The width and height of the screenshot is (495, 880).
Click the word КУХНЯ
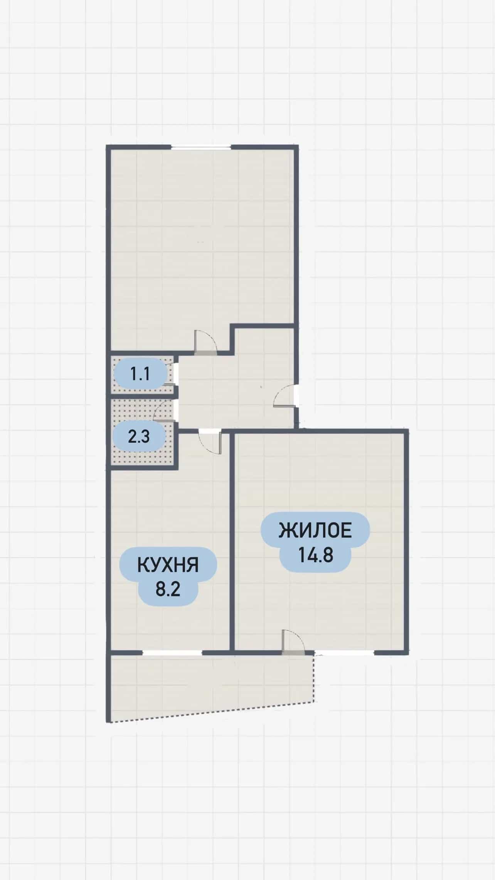[168, 565]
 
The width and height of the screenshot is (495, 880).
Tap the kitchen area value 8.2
[168, 590]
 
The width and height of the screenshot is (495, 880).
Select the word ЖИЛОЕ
[315, 531]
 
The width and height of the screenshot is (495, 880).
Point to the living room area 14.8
[315, 555]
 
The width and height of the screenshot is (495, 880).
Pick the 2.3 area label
[139, 437]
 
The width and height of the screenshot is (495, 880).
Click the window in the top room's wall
[201, 147]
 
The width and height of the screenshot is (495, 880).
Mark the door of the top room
[206, 342]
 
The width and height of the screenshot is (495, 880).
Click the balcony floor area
[208, 683]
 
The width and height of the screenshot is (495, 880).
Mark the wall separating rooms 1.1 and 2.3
[142, 396]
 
